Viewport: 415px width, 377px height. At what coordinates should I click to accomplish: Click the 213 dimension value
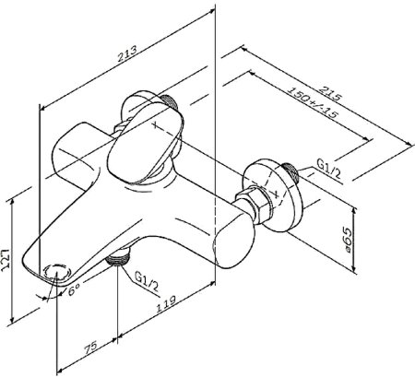coord(127,54)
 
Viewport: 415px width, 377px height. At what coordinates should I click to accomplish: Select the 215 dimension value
coord(330,93)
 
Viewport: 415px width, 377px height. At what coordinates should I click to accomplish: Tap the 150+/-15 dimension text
coord(313,102)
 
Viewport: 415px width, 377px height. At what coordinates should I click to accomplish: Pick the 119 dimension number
coord(166,303)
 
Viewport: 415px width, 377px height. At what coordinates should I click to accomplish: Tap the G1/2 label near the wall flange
coord(329,170)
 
